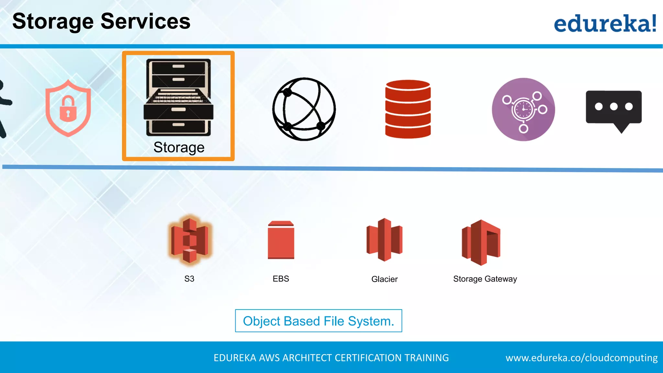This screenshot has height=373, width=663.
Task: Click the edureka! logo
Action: (x=605, y=23)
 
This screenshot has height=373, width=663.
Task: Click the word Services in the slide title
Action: (x=145, y=21)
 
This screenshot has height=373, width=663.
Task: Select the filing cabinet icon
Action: (x=178, y=97)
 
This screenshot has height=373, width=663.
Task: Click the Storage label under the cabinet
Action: (x=179, y=147)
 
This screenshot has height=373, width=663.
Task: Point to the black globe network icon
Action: (x=304, y=109)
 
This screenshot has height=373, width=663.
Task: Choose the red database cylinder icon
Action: (x=408, y=109)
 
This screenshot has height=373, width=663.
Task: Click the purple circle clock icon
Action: (x=523, y=109)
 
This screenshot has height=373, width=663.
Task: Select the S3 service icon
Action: (x=190, y=240)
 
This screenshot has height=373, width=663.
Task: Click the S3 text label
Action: (x=189, y=279)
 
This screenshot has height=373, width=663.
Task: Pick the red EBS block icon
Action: (x=281, y=240)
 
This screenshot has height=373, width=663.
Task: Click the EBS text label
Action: (x=281, y=279)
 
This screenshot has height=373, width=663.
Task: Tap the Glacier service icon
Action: (x=384, y=240)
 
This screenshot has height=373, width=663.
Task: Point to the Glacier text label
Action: (x=384, y=279)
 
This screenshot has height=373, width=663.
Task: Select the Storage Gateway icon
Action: (x=481, y=242)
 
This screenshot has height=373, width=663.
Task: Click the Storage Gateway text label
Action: (x=485, y=279)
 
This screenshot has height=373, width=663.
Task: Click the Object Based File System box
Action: (x=319, y=321)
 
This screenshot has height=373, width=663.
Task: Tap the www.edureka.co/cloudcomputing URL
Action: (x=581, y=358)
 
